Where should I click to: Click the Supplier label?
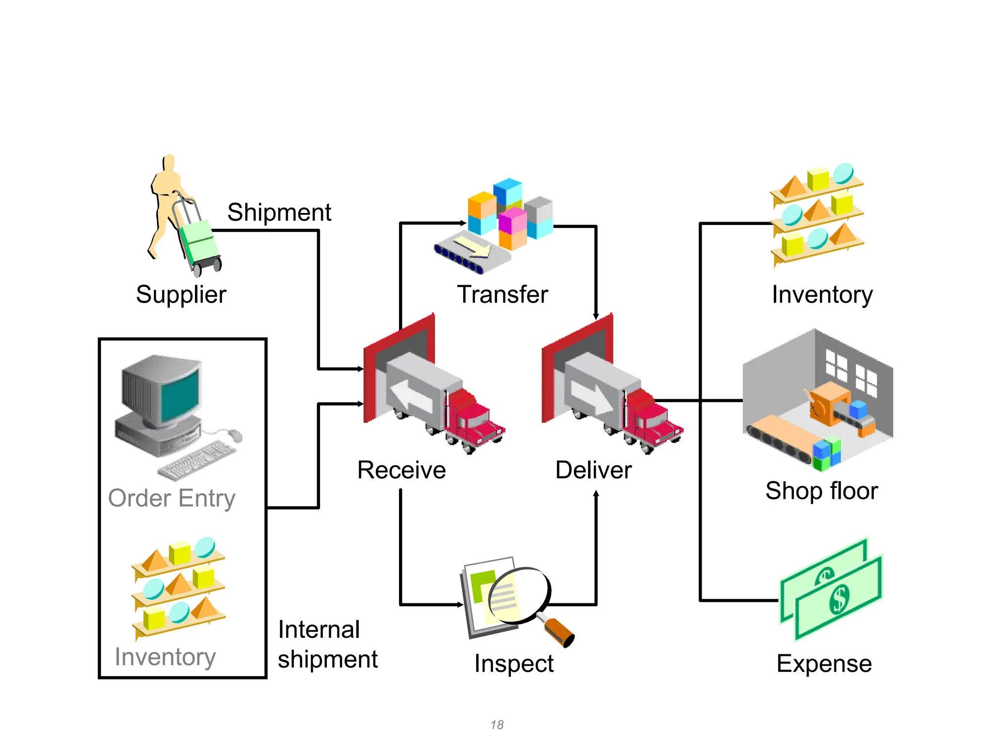click(x=181, y=295)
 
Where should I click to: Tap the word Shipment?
click(x=279, y=212)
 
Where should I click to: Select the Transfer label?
click(x=502, y=294)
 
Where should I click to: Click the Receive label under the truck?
click(x=401, y=470)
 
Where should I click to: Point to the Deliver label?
click(x=593, y=470)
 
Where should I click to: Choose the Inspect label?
click(x=514, y=664)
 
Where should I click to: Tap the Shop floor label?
click(x=822, y=491)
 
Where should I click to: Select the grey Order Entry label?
click(x=172, y=499)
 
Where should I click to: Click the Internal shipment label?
click(x=328, y=645)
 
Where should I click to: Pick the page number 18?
click(x=497, y=725)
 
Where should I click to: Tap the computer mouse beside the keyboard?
click(x=235, y=435)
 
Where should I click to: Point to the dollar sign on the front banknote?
click(x=839, y=599)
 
